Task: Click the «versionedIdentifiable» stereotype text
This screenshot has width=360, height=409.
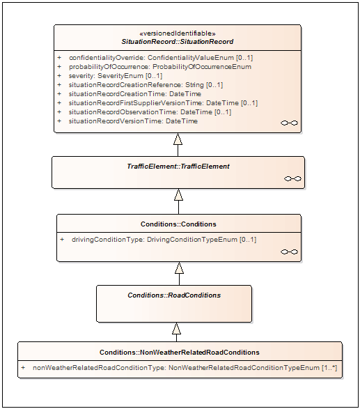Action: coord(178,33)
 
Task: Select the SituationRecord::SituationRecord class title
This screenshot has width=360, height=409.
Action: coord(178,42)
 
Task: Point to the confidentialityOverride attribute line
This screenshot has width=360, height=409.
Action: coord(155,58)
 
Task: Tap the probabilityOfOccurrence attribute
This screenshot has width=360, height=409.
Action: coord(155,67)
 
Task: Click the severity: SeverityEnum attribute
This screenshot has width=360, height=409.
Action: coord(110,76)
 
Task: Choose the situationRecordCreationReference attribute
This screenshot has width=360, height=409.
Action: coord(140,85)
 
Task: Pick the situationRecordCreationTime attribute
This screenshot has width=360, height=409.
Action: coord(130,94)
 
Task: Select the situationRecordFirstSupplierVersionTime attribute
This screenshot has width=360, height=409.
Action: coord(157,103)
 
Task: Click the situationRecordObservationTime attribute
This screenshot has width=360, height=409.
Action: coord(144,112)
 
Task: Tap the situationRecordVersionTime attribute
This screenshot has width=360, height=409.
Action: coord(127,121)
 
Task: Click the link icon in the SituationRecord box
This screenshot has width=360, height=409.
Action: coord(289,123)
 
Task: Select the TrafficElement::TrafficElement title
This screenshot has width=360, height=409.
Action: coord(178,167)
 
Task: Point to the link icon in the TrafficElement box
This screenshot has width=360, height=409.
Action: coord(292,178)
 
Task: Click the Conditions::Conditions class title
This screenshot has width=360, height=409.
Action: coord(178,224)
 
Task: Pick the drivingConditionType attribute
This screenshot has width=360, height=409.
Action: coord(158,240)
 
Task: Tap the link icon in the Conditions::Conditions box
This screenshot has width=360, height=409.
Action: coord(289,252)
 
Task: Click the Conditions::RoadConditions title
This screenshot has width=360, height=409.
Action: coord(174,295)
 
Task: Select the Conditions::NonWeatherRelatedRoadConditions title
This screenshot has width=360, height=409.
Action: coord(180,353)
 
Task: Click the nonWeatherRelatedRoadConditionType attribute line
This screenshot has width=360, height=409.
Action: coord(179,368)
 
